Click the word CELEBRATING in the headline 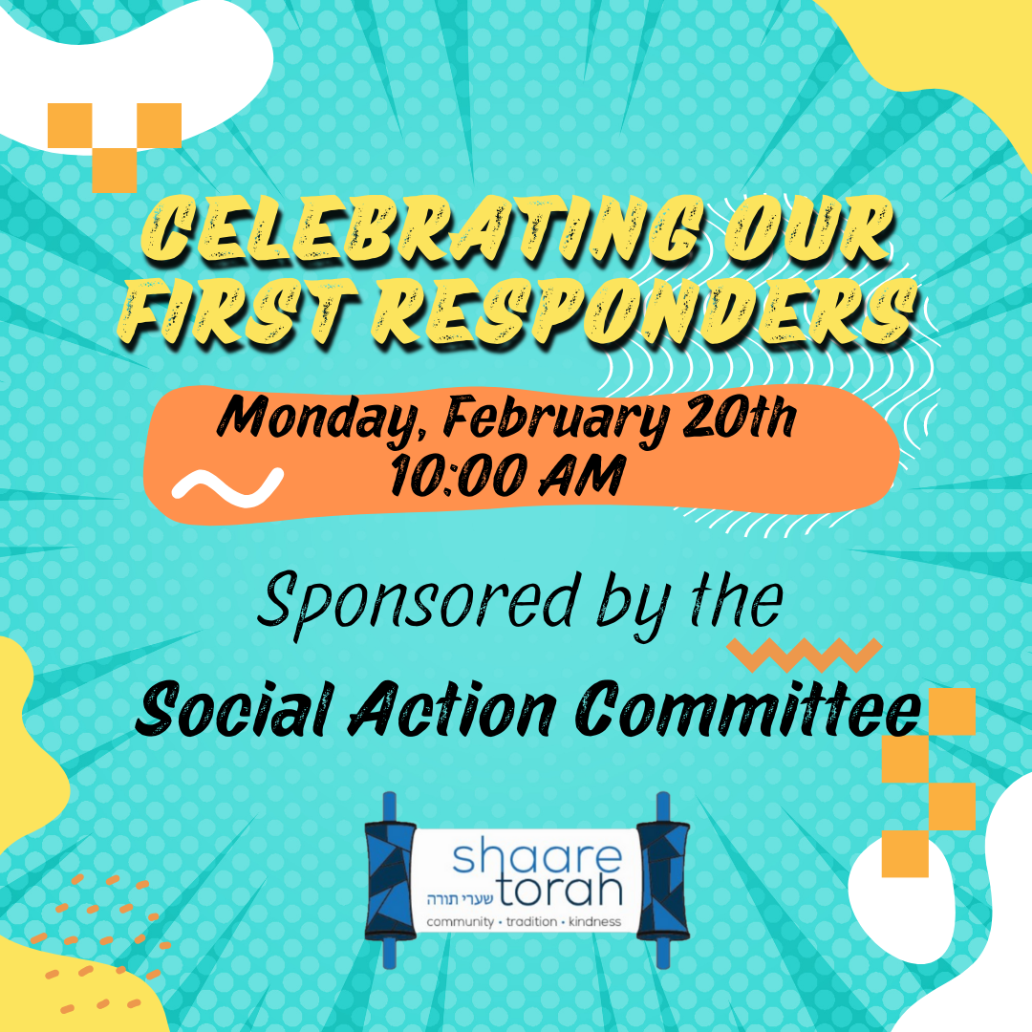422,231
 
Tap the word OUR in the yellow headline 810,231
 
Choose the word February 557,419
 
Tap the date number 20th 740,416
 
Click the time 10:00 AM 506,475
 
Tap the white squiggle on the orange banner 227,487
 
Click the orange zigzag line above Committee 805,655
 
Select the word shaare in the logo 537,856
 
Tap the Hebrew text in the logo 460,899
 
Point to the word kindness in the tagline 595,921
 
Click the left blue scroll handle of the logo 390,880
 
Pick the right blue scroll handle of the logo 663,880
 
